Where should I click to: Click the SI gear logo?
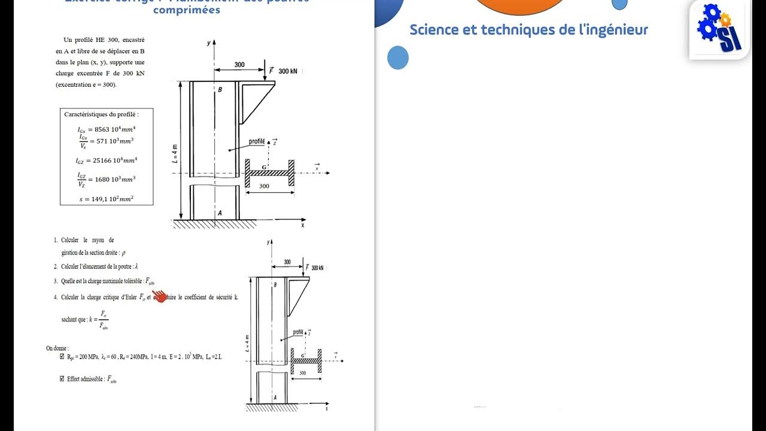tap(720, 29)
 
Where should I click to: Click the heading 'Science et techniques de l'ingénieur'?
tap(528, 30)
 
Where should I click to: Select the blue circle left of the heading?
tap(398, 58)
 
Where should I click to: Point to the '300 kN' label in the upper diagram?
tap(288, 71)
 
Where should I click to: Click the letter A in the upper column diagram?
tap(220, 213)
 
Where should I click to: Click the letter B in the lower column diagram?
tap(275, 285)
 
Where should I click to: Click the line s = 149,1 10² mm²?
tap(107, 199)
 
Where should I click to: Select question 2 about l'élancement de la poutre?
tap(99, 266)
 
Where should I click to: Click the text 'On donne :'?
tap(57, 348)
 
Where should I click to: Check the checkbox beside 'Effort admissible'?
tap(62, 378)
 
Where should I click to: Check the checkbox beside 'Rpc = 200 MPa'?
tap(62, 357)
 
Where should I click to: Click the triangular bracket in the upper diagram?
tap(255, 99)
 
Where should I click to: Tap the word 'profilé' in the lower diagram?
tap(297, 332)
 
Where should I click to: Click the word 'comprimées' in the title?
tap(186, 10)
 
